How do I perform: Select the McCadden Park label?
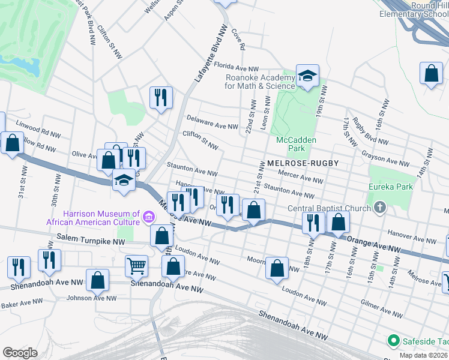[295, 144]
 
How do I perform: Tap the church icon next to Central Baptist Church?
[379, 208]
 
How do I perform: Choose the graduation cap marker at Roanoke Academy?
[307, 76]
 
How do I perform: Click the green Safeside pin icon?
[394, 341]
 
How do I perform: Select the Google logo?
[20, 352]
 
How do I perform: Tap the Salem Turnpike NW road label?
[90, 238]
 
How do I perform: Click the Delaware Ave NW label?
[212, 122]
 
